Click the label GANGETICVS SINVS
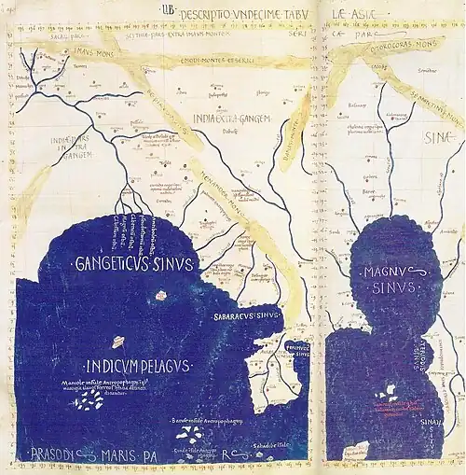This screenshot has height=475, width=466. pyautogui.click(x=133, y=264)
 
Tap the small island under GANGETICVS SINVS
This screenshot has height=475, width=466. pyautogui.click(x=160, y=295)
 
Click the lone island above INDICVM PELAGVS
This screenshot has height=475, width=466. pyautogui.click(x=119, y=342)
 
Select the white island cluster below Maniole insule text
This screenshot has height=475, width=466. pyautogui.click(x=90, y=400)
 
